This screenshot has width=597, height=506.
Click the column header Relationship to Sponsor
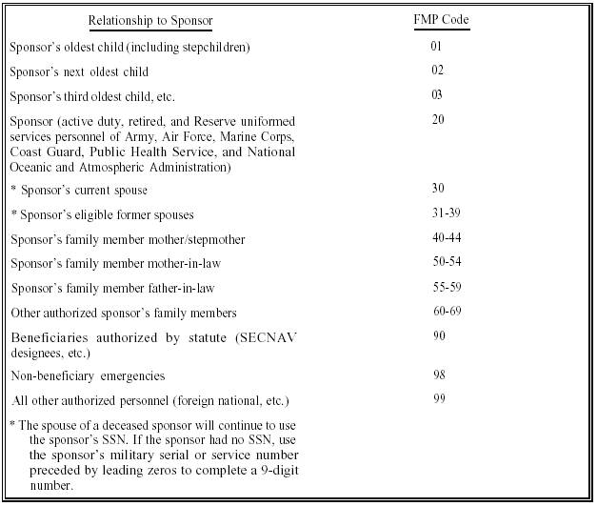(150, 20)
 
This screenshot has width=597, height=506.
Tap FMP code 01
(436, 46)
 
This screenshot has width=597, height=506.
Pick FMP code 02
(436, 71)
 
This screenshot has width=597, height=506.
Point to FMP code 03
(436, 96)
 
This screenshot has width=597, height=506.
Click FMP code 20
(436, 121)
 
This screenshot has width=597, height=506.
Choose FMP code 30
(436, 189)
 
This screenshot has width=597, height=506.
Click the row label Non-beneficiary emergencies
(88, 376)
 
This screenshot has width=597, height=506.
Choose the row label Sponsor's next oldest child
(79, 71)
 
